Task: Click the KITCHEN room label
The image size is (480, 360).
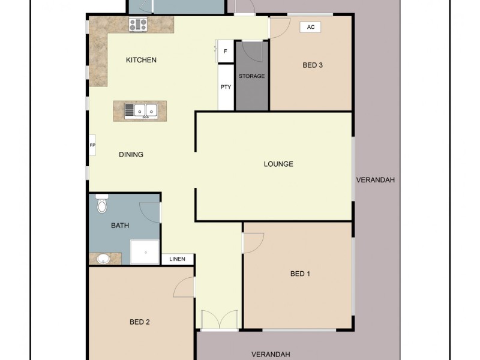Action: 141,60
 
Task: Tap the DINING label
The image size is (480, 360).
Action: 131,154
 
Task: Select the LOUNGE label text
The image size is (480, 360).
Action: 278,164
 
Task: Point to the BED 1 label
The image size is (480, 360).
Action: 300,274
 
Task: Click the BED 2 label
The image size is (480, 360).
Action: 139,322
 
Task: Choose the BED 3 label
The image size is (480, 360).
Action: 313,65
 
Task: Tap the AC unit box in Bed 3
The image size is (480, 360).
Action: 310,27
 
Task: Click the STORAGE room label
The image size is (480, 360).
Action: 251,76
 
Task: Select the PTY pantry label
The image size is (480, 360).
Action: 226,87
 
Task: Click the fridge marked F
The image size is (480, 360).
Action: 225,52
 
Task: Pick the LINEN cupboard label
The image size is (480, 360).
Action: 178,259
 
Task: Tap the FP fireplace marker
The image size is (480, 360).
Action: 92,145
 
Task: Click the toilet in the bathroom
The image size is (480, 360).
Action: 101,205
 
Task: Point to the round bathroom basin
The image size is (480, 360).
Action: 103,259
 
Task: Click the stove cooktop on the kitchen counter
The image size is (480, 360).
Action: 138,25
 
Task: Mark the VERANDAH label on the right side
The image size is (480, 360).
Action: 375,180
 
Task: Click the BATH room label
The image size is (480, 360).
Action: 120,226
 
